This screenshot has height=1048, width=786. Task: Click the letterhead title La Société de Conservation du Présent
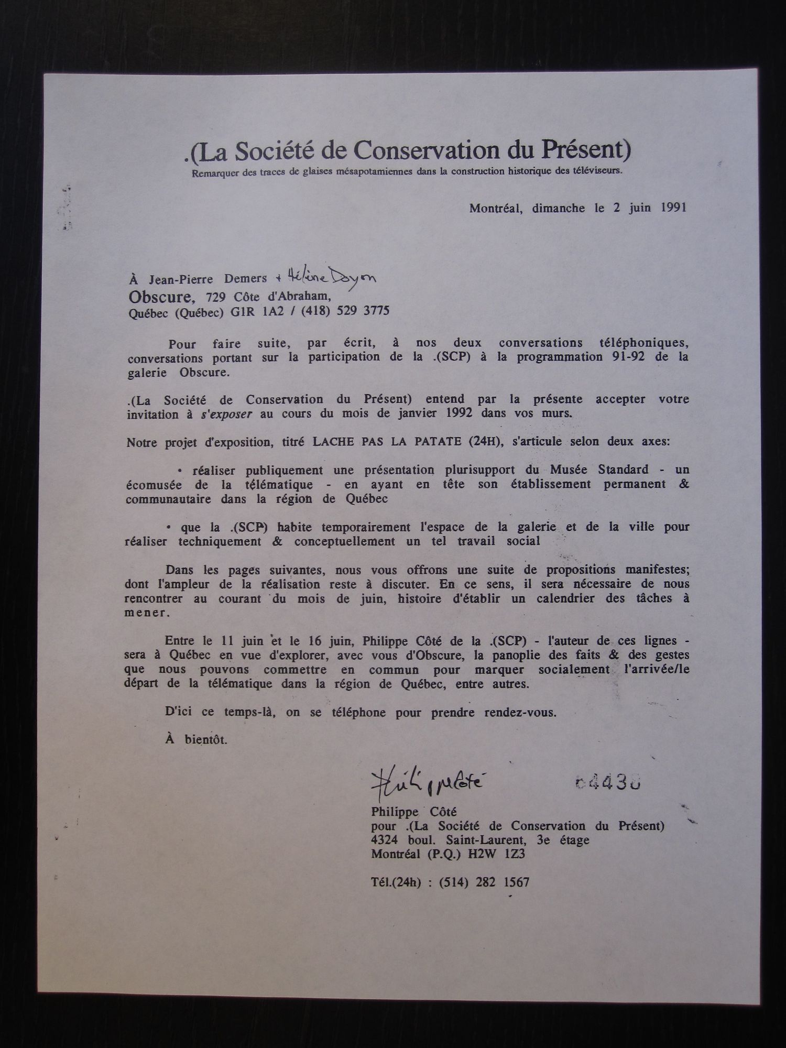(x=408, y=151)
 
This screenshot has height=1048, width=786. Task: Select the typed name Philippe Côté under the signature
(x=414, y=812)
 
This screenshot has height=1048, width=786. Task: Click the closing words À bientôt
(x=196, y=740)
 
